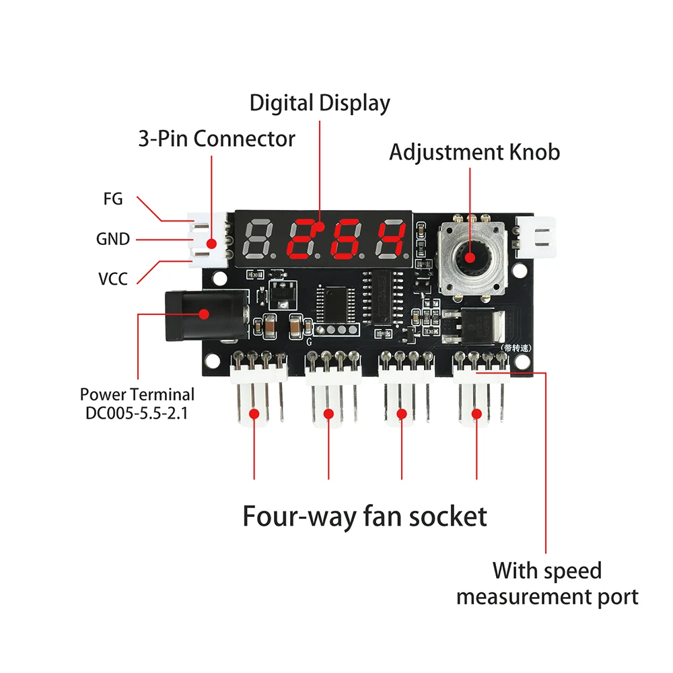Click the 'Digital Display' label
(320, 104)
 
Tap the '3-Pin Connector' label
(217, 139)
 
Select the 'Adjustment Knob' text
(474, 152)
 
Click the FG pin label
(112, 199)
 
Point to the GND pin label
(112, 239)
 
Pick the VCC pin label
(112, 278)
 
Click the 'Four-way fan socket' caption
(364, 517)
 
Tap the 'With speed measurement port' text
(546, 583)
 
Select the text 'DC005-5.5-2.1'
(137, 413)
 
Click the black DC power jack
(202, 314)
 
